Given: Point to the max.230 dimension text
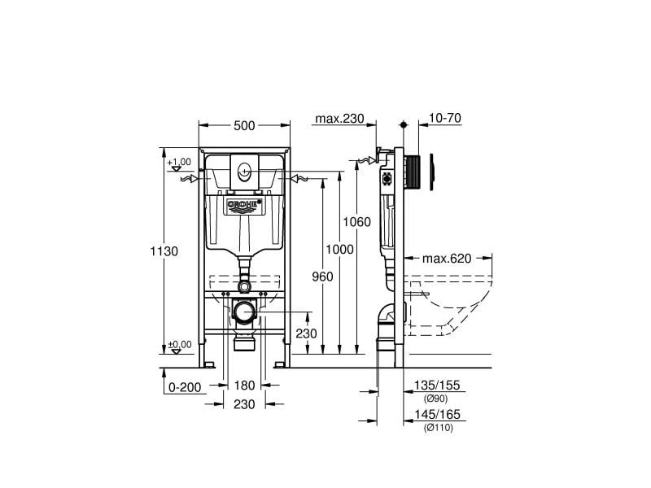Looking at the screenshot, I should [339, 119].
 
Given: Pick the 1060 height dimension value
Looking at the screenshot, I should [356, 222].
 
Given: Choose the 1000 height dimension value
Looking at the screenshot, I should [339, 250].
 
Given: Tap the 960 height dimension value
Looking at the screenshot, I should [322, 277].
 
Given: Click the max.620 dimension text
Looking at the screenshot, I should [447, 259].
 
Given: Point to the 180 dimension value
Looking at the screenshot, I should [245, 386].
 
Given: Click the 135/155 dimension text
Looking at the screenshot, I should [438, 386].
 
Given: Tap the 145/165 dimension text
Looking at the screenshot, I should [438, 415].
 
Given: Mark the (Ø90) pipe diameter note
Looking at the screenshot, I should [435, 399].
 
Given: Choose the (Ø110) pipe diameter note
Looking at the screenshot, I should [438, 428].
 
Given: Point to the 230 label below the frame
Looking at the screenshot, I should [245, 404].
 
